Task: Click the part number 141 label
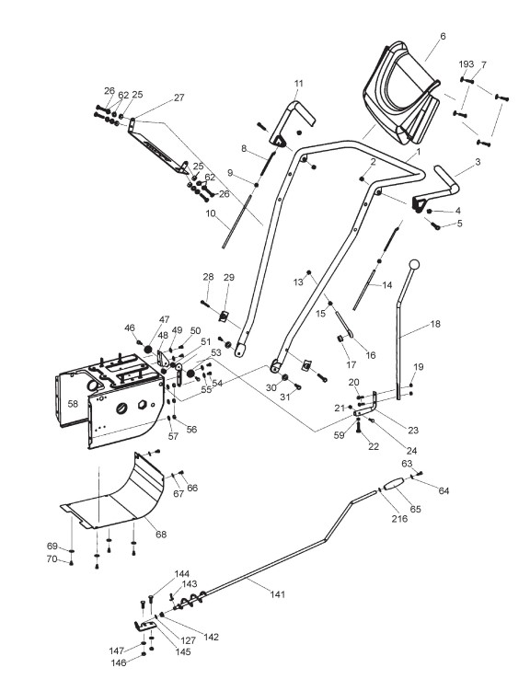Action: (278, 594)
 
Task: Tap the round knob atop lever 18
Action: (414, 264)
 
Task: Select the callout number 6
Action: (443, 37)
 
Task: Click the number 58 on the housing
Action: (73, 404)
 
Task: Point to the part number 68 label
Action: (161, 535)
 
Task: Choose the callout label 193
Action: (467, 64)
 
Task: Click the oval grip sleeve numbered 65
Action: (394, 484)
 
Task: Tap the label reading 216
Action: (399, 518)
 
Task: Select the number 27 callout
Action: (179, 98)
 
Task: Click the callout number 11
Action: (298, 84)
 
